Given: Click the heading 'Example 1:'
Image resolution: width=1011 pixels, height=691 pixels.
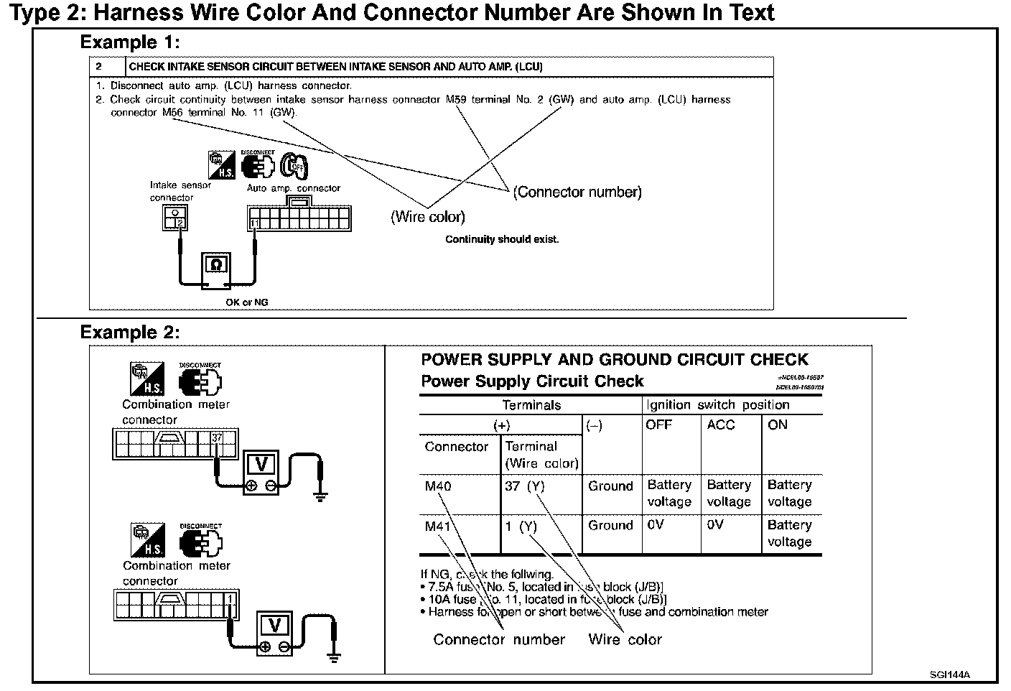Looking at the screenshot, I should (129, 42).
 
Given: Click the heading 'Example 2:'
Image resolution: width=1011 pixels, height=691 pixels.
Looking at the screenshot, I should (129, 333).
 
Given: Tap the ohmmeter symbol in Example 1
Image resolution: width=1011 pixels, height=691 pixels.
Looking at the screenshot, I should (216, 266).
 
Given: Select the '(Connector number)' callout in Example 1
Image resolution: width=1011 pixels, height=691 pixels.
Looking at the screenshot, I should (577, 193).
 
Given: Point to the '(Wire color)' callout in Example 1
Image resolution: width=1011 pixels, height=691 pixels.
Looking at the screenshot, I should (427, 217).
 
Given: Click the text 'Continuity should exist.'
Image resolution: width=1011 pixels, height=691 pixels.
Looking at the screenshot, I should (501, 239).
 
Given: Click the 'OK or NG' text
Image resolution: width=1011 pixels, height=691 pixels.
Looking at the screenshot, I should (246, 302).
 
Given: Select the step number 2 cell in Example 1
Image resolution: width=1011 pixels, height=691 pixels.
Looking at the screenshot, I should (99, 67).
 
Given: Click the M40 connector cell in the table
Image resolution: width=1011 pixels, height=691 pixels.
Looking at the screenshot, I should (438, 486).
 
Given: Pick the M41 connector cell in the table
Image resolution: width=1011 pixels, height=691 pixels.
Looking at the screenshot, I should (438, 527).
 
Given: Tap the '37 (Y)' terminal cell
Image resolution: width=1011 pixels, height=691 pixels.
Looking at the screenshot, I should (524, 486).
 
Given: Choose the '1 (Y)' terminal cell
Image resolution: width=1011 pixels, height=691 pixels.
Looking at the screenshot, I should (521, 527).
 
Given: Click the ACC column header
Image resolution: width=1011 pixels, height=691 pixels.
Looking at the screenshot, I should (721, 425).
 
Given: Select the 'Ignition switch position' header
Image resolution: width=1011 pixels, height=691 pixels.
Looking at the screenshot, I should (718, 405).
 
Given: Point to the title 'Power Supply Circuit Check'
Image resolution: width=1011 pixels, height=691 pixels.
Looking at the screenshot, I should (532, 381).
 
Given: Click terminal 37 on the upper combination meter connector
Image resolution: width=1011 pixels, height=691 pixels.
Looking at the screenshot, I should (218, 437).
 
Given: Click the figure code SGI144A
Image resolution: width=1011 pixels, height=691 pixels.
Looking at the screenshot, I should (949, 674).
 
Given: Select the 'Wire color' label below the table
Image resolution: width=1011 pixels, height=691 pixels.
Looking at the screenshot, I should (625, 640).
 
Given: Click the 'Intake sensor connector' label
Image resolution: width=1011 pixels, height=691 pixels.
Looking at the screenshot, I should (180, 191).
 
